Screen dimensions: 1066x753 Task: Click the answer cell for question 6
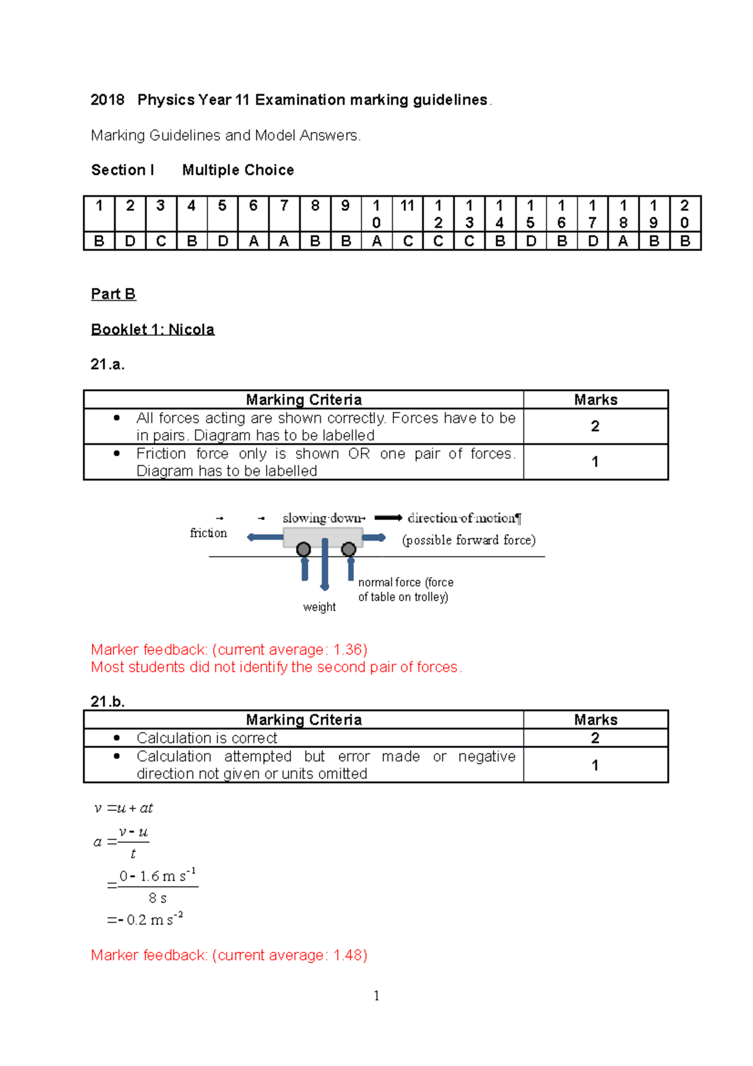(x=254, y=241)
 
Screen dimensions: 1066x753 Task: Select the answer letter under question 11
(x=408, y=241)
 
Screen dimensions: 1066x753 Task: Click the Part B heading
(x=113, y=294)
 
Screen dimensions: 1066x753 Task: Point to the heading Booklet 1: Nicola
(x=152, y=330)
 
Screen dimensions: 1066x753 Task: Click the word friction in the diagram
(x=208, y=533)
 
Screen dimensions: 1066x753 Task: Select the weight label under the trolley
(x=319, y=607)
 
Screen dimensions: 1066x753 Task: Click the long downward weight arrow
(x=324, y=565)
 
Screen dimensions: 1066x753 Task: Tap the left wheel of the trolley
(x=304, y=549)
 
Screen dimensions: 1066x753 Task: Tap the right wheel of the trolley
(x=349, y=549)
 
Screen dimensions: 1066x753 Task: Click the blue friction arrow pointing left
(x=265, y=537)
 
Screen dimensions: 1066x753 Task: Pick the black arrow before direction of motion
(x=388, y=518)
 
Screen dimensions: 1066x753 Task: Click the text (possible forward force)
(x=469, y=540)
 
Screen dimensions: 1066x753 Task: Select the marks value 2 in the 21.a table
(x=595, y=426)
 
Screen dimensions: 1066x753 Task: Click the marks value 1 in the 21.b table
(x=595, y=765)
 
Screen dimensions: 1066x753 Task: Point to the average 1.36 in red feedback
(x=348, y=650)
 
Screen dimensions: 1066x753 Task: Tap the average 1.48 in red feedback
(x=348, y=956)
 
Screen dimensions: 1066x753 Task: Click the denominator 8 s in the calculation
(x=158, y=898)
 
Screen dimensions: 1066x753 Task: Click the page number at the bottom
(x=376, y=996)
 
